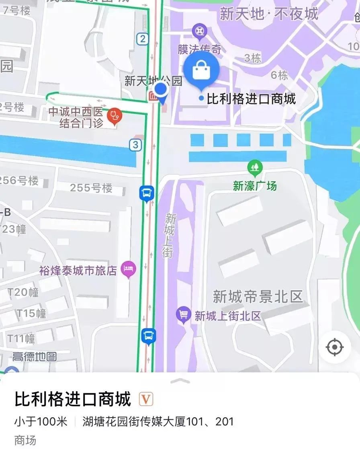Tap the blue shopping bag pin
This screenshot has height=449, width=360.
[x=201, y=71]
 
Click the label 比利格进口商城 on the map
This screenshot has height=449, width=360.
[x=251, y=98]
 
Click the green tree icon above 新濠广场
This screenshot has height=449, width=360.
[x=255, y=166]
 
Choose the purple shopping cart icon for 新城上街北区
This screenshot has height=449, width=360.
[x=184, y=314]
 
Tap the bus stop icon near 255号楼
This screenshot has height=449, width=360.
[x=147, y=193]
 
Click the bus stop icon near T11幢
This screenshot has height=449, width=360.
[x=148, y=335]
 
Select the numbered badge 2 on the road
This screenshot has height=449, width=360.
[x=142, y=39]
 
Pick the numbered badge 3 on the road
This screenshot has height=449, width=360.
[x=136, y=145]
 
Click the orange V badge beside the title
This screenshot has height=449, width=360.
[x=146, y=400]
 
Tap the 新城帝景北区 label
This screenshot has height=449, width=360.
[x=258, y=297]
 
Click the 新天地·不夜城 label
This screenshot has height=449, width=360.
[x=269, y=14]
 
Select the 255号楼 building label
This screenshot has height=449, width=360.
[x=91, y=188]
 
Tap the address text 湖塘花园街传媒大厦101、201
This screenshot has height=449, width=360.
[x=158, y=422]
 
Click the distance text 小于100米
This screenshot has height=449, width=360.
[x=41, y=422]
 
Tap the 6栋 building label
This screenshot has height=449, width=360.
[x=279, y=75]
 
